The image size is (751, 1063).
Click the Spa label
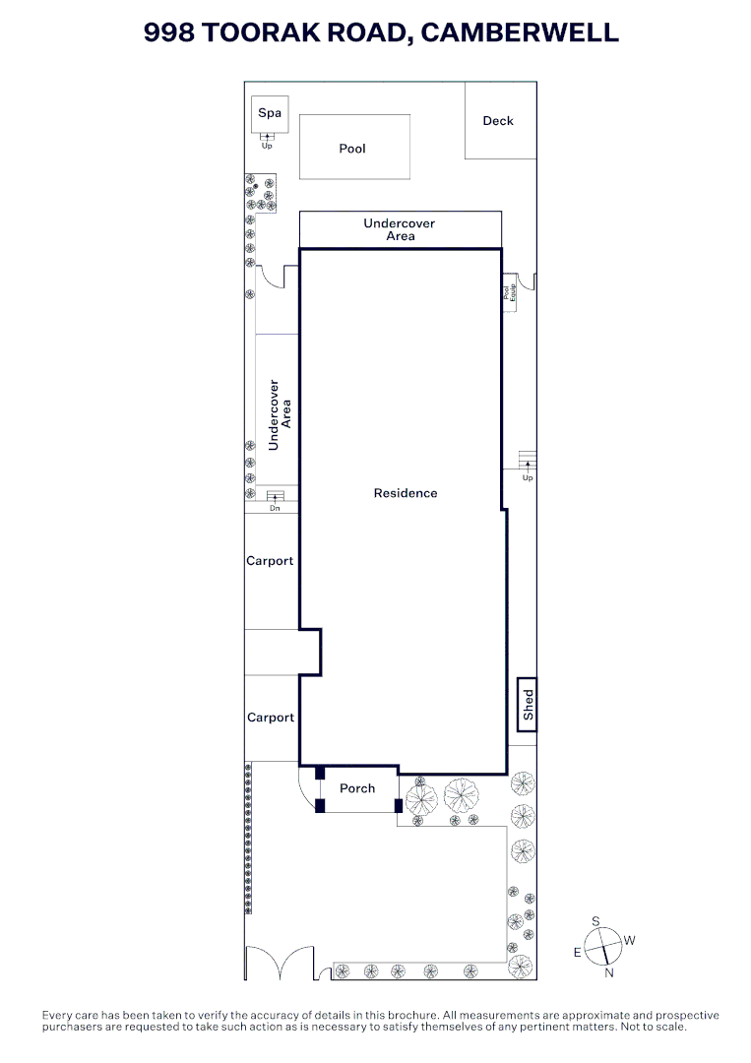pos(270,113)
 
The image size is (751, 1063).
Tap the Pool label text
pos(352,149)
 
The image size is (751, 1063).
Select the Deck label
pos(498,121)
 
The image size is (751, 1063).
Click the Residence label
pos(406,493)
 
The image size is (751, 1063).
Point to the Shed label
pos(529,705)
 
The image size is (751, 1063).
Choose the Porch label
pos(357,788)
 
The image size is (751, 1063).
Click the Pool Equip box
pos(509,292)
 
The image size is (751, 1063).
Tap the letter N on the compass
pos(609,973)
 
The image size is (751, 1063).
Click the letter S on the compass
pos(595,921)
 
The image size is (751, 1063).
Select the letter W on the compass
pos(630,940)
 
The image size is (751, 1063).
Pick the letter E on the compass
pos(578,952)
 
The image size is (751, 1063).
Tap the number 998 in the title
pos(169,32)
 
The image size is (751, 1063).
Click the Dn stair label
pos(276,509)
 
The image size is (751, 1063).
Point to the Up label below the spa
pos(267,147)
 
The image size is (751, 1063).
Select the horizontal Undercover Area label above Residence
pos(400,229)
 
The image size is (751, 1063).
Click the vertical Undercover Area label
pos(281,415)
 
